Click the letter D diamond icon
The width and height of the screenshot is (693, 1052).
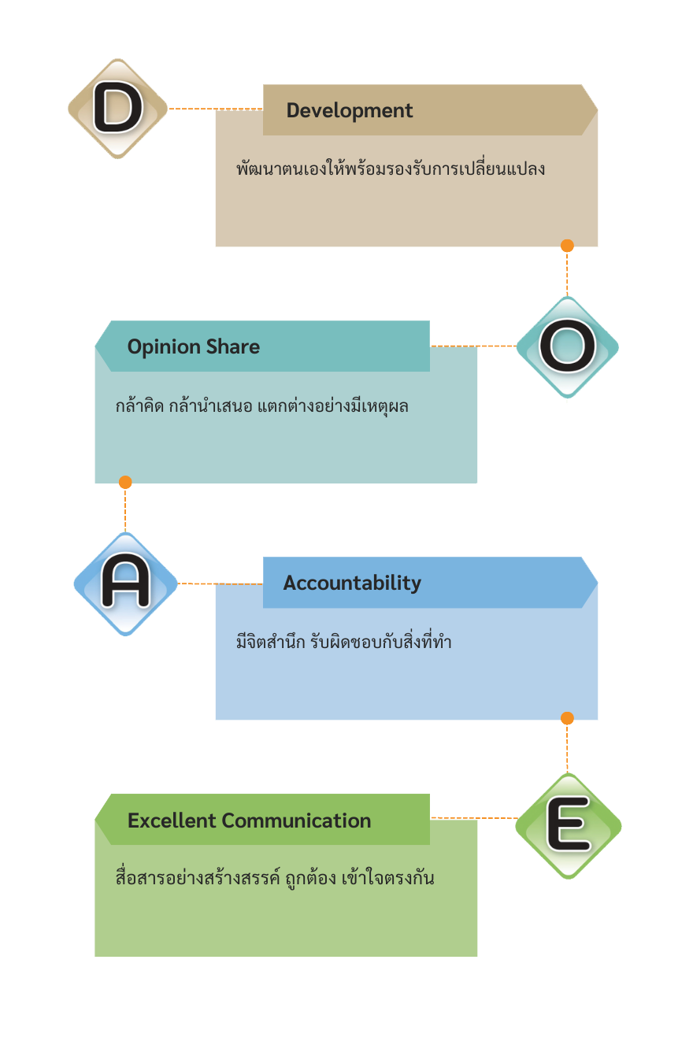118,109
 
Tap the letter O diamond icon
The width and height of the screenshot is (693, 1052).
568,346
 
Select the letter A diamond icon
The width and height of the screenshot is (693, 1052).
125,583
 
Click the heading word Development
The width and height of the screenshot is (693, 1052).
350,110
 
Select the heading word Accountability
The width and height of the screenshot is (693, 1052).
352,583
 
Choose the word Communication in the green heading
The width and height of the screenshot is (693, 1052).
296,820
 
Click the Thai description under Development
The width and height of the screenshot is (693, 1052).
391,169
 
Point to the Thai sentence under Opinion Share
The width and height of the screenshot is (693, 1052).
261,407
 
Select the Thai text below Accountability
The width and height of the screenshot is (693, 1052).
343,643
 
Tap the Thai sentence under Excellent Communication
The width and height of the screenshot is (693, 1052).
275,878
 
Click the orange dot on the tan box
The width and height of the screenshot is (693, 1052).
567,246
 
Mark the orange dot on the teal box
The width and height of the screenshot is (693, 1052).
125,482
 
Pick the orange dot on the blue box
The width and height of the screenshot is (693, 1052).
567,718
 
